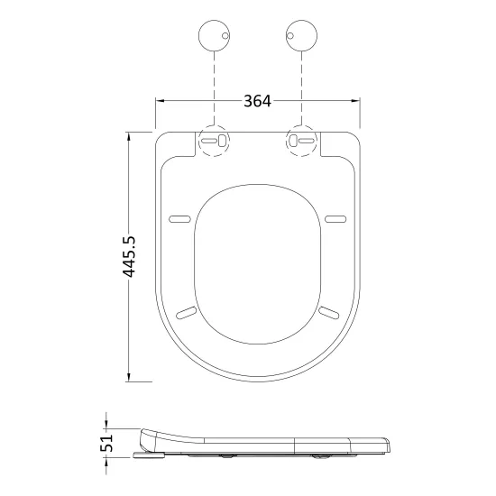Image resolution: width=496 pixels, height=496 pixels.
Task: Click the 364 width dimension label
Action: pyautogui.click(x=257, y=101)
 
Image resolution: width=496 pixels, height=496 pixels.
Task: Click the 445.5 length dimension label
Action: pyautogui.click(x=129, y=256)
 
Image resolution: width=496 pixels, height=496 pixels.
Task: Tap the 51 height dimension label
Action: pyautogui.click(x=106, y=443)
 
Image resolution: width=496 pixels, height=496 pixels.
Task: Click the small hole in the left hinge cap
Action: pyautogui.click(x=225, y=36)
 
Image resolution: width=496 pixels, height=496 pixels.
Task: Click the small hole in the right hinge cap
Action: pyautogui.click(x=290, y=36)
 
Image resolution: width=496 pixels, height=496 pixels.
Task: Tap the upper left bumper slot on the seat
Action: pyautogui.click(x=180, y=219)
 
